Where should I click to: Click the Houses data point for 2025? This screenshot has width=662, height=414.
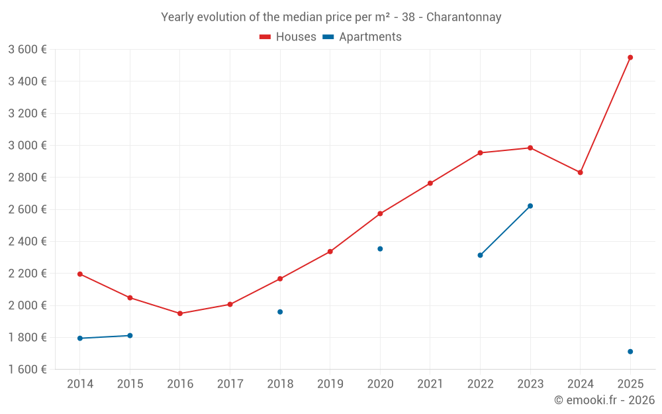(x=630, y=58)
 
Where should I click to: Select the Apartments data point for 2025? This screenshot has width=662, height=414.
(x=630, y=352)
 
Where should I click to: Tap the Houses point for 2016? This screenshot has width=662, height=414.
(x=180, y=313)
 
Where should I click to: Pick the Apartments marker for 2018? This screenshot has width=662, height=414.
(x=280, y=312)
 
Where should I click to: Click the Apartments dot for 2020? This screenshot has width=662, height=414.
(x=380, y=249)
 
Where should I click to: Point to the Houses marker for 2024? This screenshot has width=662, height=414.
(x=580, y=172)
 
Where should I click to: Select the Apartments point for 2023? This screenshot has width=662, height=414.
(x=530, y=206)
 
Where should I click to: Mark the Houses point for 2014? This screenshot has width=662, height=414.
(x=80, y=274)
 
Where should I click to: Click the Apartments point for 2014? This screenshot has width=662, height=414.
(x=80, y=338)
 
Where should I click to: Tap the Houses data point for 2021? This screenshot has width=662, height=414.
(x=430, y=183)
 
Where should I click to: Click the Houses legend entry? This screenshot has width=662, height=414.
(x=288, y=37)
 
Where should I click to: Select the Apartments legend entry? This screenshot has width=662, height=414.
(x=362, y=37)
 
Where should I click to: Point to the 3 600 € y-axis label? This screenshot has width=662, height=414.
(x=27, y=49)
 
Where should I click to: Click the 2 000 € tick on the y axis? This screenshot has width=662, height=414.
(x=27, y=305)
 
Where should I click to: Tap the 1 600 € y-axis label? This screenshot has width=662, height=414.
(x=27, y=370)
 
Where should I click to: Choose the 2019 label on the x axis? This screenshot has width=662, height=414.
(x=330, y=384)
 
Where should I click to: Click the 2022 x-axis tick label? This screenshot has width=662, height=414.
(x=480, y=384)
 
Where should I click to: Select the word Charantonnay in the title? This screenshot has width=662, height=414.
(x=463, y=17)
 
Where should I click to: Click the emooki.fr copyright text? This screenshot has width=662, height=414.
(x=604, y=400)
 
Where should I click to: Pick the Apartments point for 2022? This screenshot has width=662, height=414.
(x=480, y=255)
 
